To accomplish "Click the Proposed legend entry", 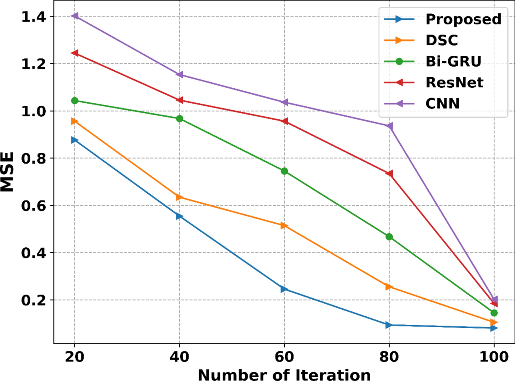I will [x=463, y=19].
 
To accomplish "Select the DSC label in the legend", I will [x=441, y=40].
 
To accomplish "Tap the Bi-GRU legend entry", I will [x=453, y=61].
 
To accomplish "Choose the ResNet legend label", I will [x=454, y=82].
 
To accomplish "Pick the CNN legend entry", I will [x=442, y=103].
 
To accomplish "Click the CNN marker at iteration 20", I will [x=75, y=16].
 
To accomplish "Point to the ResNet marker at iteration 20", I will [x=75, y=53].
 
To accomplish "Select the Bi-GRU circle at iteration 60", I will [x=284, y=171].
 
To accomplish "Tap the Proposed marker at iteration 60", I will [x=284, y=289].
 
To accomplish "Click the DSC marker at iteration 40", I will [x=180, y=197].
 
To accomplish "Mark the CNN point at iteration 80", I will [x=389, y=126].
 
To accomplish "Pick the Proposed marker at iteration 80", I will [x=389, y=325].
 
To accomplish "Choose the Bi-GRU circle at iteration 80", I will [x=389, y=237].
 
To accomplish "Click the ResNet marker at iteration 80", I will [x=389, y=174].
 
